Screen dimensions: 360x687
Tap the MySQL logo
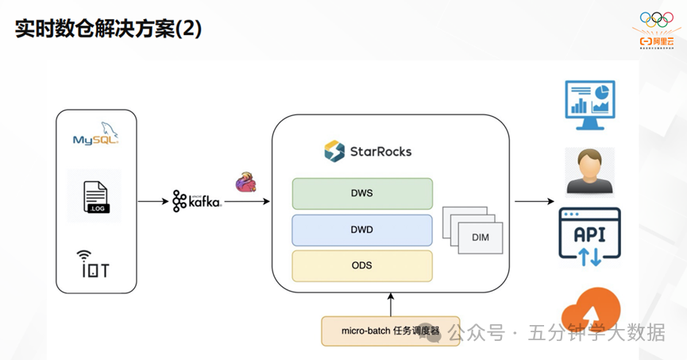tap(95, 137)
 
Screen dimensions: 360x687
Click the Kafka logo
tap(196, 201)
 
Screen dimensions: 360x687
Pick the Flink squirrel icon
tap(245, 182)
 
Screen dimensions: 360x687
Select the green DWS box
tap(362, 193)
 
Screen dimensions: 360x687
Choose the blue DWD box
tap(362, 230)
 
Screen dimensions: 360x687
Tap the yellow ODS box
tap(362, 265)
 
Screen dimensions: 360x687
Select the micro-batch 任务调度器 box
tap(390, 331)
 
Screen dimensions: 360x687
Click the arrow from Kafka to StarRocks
tap(247, 202)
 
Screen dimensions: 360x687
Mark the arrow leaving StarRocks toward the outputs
tap(534, 202)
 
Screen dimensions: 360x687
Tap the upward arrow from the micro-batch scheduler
tap(390, 304)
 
